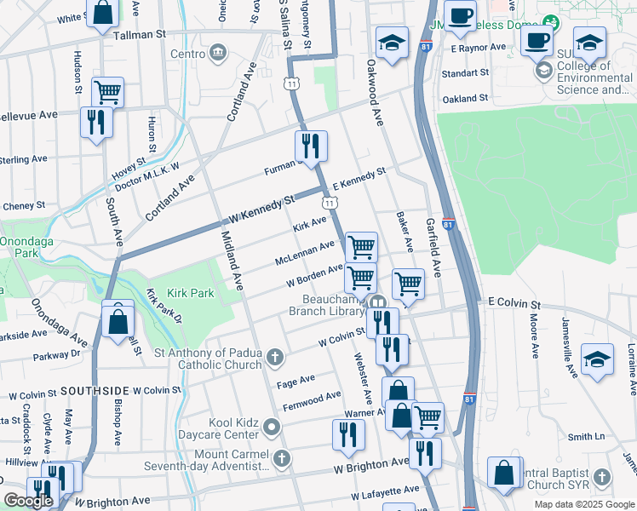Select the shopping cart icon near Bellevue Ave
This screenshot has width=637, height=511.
pyautogui.click(x=107, y=91)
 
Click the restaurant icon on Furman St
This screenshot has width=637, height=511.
pyautogui.click(x=312, y=146)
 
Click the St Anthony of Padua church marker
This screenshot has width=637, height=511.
pyautogui.click(x=274, y=357)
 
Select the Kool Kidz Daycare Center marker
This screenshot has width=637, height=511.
pyautogui.click(x=272, y=426)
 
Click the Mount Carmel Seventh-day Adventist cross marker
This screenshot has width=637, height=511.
pyautogui.click(x=281, y=459)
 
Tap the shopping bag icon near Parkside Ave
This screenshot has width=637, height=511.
pyautogui.click(x=118, y=321)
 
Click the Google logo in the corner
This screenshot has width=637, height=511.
pyautogui.click(x=28, y=501)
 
